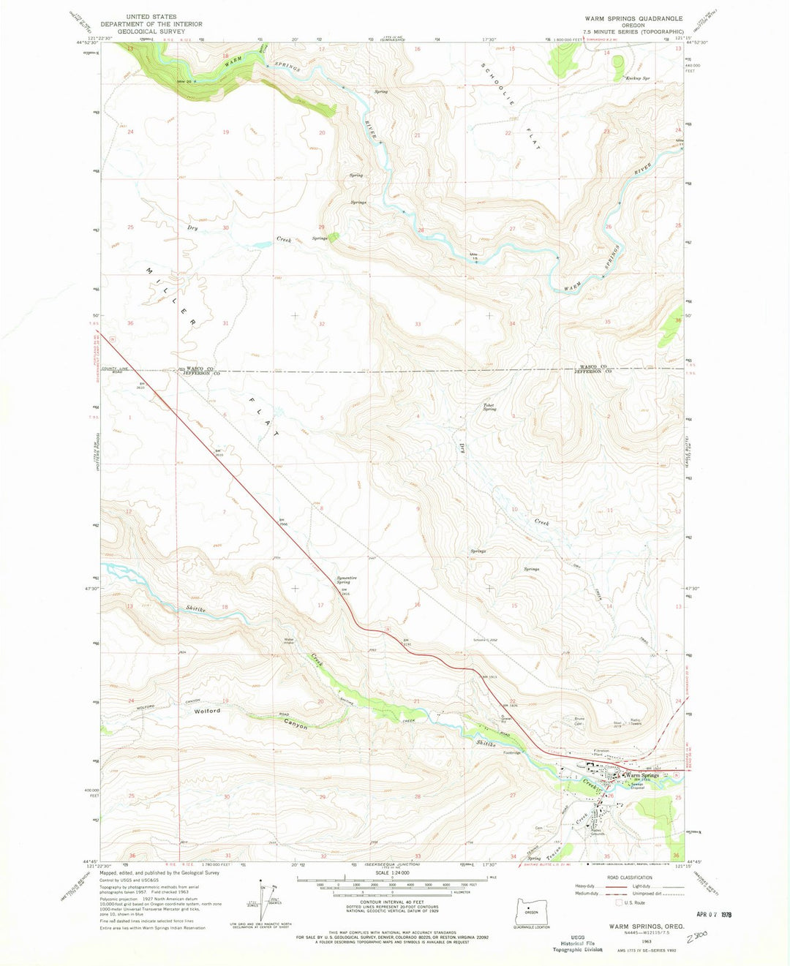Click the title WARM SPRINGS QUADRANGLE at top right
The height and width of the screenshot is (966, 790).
(x=633, y=18)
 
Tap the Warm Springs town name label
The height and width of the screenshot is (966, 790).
(x=643, y=775)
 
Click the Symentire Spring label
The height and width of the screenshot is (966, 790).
(x=347, y=580)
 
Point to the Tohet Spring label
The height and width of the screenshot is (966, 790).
(x=489, y=407)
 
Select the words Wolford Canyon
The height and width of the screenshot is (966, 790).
(x=249, y=717)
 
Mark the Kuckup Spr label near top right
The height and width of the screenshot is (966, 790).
(x=636, y=78)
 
